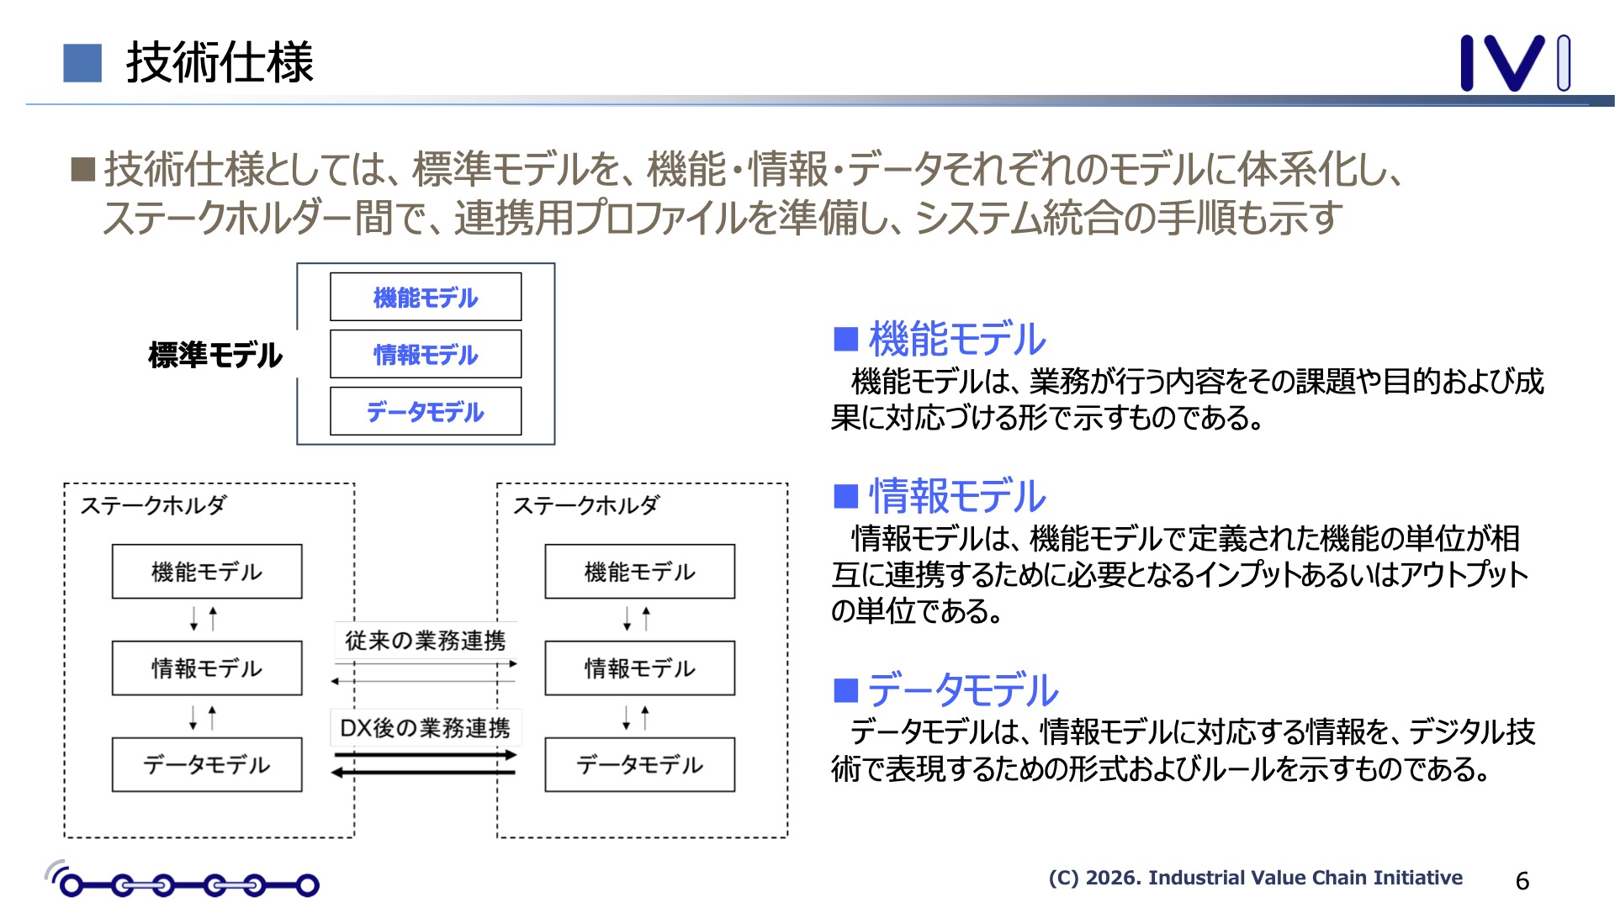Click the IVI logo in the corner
(x=1514, y=62)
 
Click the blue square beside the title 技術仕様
(x=82, y=63)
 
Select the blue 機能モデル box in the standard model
(x=426, y=297)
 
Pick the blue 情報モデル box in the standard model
(x=426, y=354)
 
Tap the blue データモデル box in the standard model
(x=426, y=411)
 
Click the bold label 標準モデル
(x=215, y=355)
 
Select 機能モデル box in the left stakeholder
(x=207, y=572)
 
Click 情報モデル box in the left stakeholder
(x=207, y=668)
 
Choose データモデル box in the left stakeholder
(x=207, y=765)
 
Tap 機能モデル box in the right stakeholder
(x=639, y=572)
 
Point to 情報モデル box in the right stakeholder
(x=639, y=668)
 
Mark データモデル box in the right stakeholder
(x=639, y=765)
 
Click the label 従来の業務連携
(x=426, y=641)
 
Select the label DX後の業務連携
(x=426, y=728)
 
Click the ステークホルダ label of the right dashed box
(x=586, y=505)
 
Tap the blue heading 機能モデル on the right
(x=957, y=339)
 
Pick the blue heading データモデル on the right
(x=963, y=690)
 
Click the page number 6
(x=1522, y=880)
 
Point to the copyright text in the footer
(x=1255, y=878)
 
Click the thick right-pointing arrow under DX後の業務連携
(x=426, y=755)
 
